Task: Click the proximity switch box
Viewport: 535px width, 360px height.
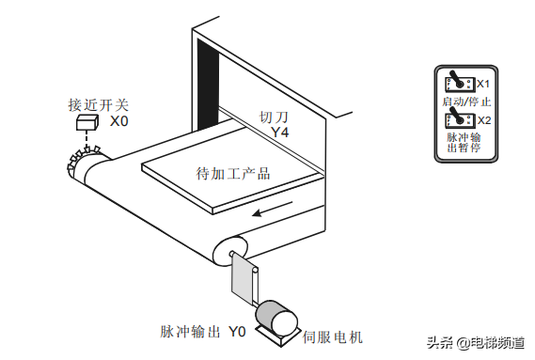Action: tap(87, 122)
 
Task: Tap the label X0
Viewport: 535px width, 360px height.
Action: tap(118, 121)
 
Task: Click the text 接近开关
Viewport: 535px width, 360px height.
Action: tap(99, 104)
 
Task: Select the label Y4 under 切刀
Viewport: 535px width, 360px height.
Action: tap(280, 132)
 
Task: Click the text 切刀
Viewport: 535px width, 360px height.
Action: tap(274, 117)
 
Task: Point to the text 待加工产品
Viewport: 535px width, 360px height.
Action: tap(233, 173)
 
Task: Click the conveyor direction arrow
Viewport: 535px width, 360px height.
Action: tap(272, 209)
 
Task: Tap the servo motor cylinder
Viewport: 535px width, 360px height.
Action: tap(276, 317)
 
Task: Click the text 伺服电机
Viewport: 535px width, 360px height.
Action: tap(332, 337)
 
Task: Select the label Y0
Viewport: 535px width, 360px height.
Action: tap(237, 332)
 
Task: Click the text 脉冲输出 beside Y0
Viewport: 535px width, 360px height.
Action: tap(190, 332)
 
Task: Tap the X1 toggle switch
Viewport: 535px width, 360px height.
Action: tap(459, 81)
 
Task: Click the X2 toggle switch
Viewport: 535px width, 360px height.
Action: tap(459, 117)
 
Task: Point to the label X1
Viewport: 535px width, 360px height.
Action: tap(482, 84)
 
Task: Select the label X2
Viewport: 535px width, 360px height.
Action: tap(484, 120)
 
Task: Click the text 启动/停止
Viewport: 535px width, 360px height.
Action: tap(466, 102)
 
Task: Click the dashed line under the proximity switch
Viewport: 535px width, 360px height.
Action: tap(87, 139)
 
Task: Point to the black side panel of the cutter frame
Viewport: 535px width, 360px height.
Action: tap(208, 86)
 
